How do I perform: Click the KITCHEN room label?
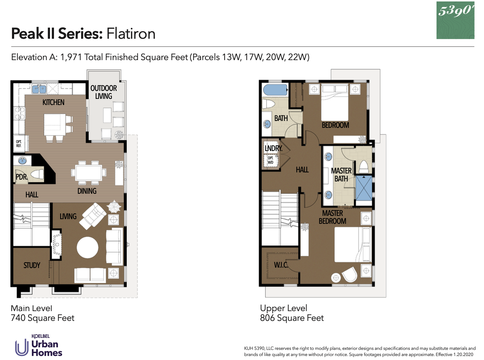[53, 102]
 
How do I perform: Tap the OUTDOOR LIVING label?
[104, 92]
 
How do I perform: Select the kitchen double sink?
[39, 89]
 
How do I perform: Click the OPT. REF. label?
[18, 144]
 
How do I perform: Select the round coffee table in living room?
[88, 248]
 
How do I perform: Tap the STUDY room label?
[32, 265]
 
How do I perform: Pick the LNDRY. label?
[273, 148]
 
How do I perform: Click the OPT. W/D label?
[271, 160]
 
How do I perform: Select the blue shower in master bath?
[364, 188]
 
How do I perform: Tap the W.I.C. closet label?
[281, 265]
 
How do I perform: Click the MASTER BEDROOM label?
[332, 217]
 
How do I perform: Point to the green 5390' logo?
[455, 20]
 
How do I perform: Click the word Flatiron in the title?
[131, 34]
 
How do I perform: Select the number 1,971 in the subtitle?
[71, 57]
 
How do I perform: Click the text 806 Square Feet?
[292, 318]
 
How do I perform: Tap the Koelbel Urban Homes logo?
[39, 346]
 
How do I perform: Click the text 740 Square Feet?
[42, 318]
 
